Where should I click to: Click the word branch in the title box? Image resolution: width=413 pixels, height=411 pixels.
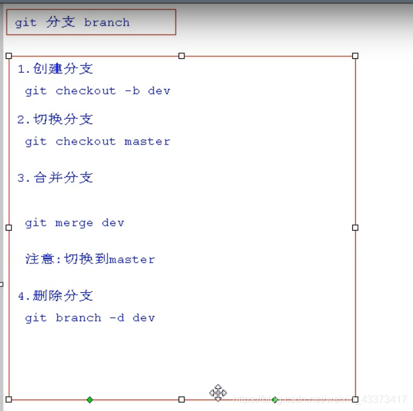106,22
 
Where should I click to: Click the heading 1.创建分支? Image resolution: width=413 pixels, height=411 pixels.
55,69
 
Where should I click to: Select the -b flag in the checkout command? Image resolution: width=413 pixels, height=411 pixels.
132,91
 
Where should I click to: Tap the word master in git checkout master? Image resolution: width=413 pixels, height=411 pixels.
147,141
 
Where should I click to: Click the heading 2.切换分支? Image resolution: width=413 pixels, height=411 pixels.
55,120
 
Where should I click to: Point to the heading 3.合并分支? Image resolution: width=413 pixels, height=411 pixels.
55,178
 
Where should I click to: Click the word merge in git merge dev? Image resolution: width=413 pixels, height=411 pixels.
74,223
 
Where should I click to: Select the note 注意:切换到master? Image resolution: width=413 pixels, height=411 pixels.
90,259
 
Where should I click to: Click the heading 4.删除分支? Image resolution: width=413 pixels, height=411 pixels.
55,295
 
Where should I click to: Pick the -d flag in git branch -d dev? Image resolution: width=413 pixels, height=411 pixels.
117,318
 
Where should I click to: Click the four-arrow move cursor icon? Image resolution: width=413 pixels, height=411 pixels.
218,392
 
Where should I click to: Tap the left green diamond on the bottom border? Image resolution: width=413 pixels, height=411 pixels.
90,399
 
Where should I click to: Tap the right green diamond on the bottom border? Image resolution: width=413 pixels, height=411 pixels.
275,399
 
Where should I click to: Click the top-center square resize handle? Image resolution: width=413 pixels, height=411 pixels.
182,56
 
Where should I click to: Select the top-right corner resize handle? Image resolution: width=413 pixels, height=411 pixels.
355,56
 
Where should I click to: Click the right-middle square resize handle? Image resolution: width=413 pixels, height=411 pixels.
355,228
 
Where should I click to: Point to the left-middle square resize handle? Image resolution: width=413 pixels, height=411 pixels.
8,228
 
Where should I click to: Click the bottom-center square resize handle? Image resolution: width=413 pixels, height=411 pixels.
182,399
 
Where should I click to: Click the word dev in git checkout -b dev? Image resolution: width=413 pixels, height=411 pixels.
159,91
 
